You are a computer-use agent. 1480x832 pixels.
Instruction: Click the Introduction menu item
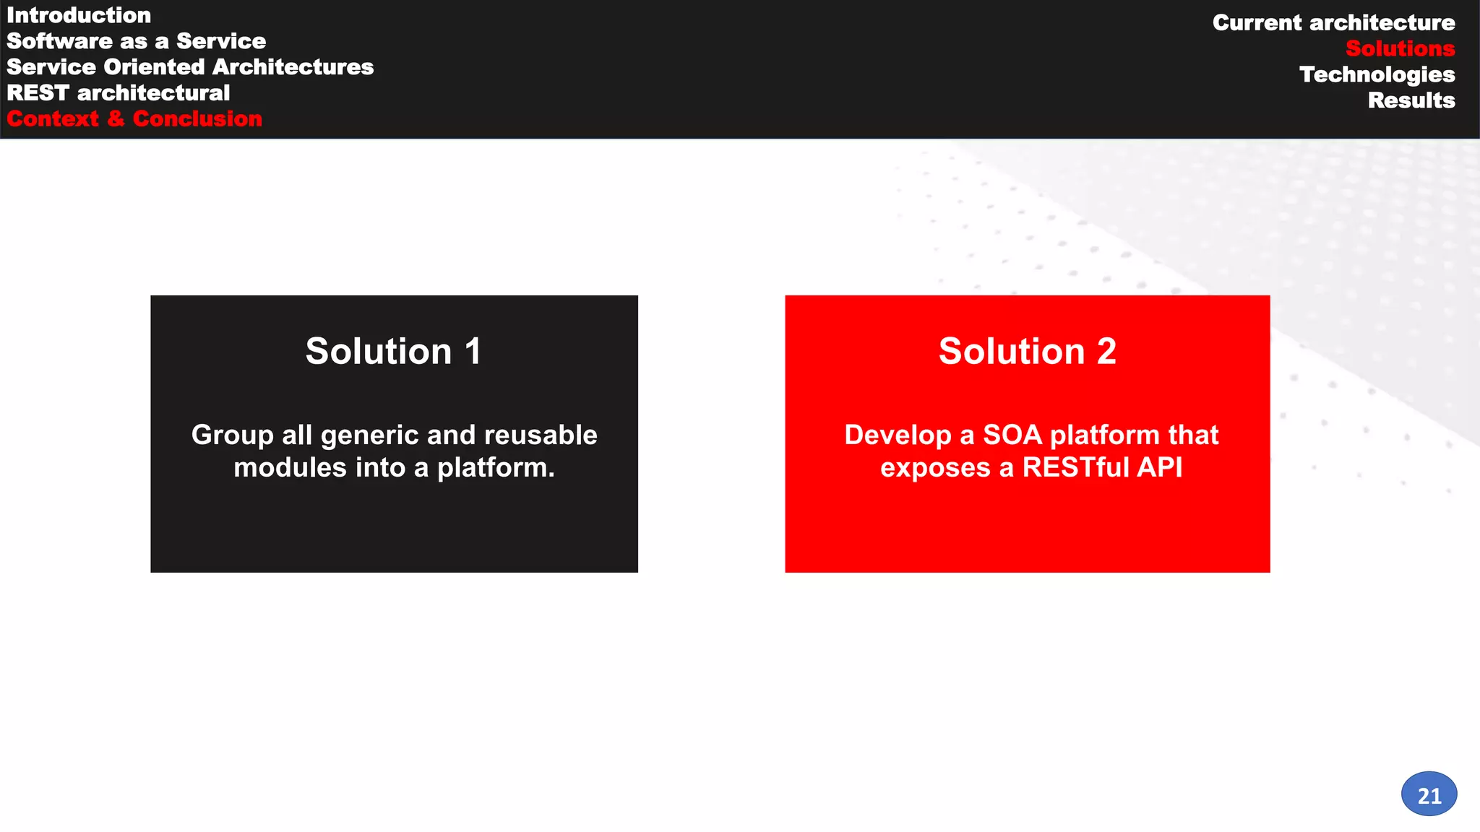(x=79, y=15)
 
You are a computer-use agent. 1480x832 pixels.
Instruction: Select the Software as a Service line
(x=136, y=41)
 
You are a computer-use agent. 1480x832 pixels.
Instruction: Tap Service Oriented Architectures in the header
(x=190, y=67)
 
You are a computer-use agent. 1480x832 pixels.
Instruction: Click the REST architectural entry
(x=119, y=93)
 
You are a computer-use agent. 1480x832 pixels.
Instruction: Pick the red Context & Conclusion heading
(x=134, y=119)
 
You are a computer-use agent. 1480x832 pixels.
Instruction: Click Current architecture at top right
(x=1333, y=23)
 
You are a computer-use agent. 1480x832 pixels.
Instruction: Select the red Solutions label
(x=1400, y=49)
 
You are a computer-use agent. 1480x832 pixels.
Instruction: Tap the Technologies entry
(x=1377, y=75)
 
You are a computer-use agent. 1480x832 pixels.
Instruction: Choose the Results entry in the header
(x=1411, y=101)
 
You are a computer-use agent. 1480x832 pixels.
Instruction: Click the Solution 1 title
(x=393, y=352)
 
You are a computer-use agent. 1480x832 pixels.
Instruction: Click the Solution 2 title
(x=1027, y=352)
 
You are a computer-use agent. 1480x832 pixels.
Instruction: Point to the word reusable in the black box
(x=541, y=435)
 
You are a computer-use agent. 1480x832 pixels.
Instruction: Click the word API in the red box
(x=1159, y=468)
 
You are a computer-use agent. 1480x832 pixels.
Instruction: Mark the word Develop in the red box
(x=898, y=435)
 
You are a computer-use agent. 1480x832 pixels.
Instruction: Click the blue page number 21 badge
(x=1429, y=794)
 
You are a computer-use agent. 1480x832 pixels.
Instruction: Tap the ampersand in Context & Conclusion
(x=116, y=119)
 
